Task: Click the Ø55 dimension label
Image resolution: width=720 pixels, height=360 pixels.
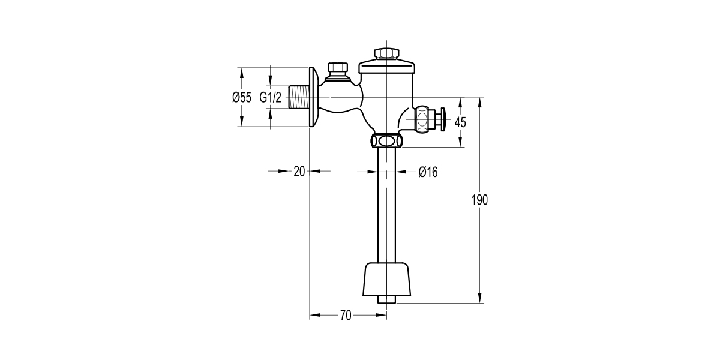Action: [x=242, y=97]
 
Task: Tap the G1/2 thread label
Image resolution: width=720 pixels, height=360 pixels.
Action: [x=271, y=97]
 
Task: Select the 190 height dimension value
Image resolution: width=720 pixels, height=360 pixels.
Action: [x=480, y=200]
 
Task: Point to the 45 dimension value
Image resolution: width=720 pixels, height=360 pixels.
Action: [x=460, y=122]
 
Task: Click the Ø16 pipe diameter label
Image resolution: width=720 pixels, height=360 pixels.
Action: [x=428, y=172]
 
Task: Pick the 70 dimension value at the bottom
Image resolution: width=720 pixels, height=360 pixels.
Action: [x=345, y=315]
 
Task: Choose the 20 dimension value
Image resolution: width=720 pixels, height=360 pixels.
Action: [x=299, y=171]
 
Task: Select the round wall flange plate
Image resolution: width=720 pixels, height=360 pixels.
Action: [x=312, y=97]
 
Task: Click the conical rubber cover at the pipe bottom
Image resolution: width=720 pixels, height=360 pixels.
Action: [x=387, y=279]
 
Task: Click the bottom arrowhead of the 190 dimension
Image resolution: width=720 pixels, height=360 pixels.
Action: [x=480, y=298]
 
